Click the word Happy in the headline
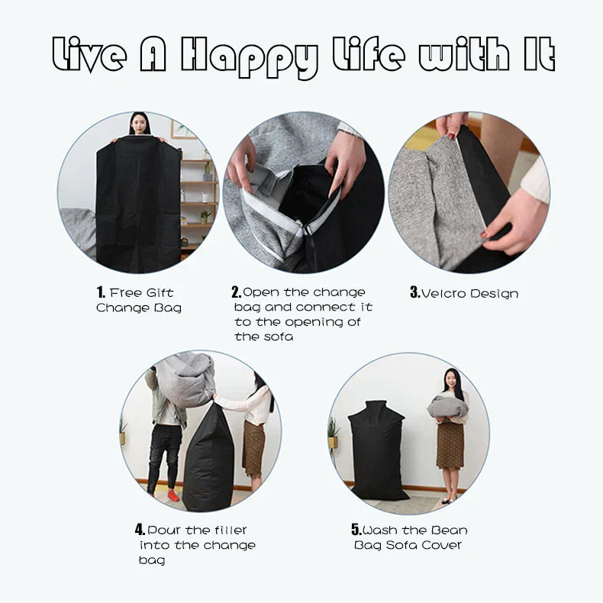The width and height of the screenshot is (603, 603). click(x=250, y=56)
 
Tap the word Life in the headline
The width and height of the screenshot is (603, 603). click(x=369, y=54)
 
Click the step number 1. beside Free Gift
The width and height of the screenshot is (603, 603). click(x=101, y=292)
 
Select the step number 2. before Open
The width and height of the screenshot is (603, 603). click(x=237, y=292)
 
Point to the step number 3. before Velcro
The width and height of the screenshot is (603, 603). click(x=415, y=292)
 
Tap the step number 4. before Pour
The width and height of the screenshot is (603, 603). click(x=140, y=530)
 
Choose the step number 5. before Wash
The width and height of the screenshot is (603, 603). click(x=356, y=530)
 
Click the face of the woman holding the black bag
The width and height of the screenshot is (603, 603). click(x=139, y=124)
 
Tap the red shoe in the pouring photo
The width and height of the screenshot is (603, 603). click(x=173, y=495)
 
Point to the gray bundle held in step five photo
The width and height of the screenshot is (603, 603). click(x=447, y=407)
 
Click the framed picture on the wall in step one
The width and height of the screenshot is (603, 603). click(x=183, y=129)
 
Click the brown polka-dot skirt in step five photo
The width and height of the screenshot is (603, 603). click(x=450, y=445)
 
